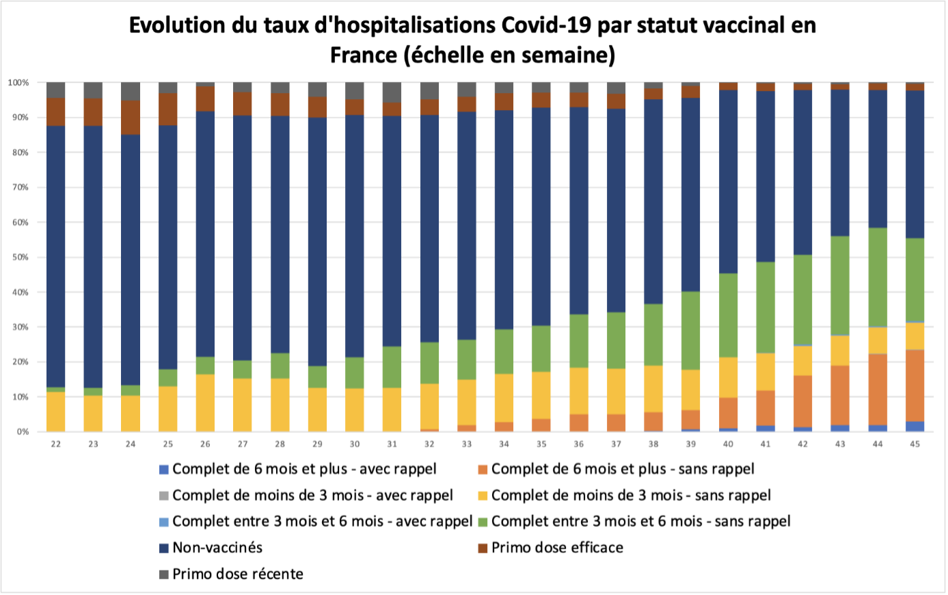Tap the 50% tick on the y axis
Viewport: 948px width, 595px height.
(18, 257)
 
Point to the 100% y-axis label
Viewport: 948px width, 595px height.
(18, 83)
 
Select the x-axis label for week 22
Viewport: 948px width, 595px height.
(56, 444)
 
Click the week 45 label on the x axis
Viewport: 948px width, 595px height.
(915, 444)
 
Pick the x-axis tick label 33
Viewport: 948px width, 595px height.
(467, 444)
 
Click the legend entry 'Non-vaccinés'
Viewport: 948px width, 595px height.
(217, 548)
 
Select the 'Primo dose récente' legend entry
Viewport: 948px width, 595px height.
(237, 574)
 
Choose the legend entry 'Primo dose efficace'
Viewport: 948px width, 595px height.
(556, 548)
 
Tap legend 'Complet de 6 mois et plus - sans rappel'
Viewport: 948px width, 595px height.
(622, 469)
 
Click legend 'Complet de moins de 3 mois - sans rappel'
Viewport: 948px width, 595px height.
(630, 495)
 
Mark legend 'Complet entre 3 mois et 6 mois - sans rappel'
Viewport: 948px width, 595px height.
(640, 521)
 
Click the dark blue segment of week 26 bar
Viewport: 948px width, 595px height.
(205, 233)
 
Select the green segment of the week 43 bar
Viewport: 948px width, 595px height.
(840, 285)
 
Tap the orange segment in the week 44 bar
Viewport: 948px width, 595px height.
(878, 390)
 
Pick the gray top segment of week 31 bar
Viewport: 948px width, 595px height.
(392, 92)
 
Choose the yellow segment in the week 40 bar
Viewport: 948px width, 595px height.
(728, 378)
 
